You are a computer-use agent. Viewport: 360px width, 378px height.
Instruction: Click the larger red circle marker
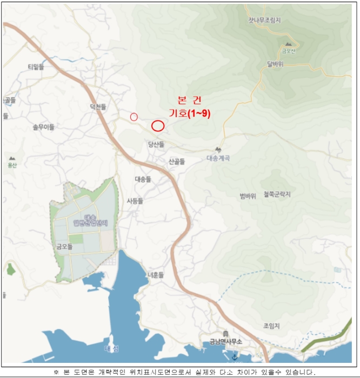pyautogui.click(x=158, y=126)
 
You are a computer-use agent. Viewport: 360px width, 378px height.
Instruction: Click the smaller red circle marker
pyautogui.click(x=134, y=117)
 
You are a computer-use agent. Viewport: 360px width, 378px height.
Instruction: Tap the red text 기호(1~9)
pyautogui.click(x=190, y=113)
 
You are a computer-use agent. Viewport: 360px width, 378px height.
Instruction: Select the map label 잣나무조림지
pyautogui.click(x=264, y=21)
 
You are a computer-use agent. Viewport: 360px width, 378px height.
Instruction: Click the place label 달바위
pyautogui.click(x=275, y=63)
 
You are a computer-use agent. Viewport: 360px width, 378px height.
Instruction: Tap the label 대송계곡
pyautogui.click(x=219, y=159)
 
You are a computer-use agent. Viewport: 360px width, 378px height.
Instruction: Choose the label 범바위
pyautogui.click(x=247, y=195)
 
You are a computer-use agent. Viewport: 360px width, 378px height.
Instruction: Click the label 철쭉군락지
pyautogui.click(x=277, y=194)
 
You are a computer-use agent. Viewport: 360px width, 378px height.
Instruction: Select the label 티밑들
pyautogui.click(x=36, y=66)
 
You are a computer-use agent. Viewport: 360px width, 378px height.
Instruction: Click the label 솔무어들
pyautogui.click(x=44, y=127)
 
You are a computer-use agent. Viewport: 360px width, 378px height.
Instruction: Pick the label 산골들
pyautogui.click(x=177, y=161)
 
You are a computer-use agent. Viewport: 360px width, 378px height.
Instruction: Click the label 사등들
pyautogui.click(x=135, y=200)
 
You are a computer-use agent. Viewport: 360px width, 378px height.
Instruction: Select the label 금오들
pyautogui.click(x=64, y=246)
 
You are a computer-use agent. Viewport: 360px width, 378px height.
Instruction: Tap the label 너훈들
pyautogui.click(x=155, y=274)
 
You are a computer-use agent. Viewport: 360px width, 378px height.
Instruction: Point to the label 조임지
pyautogui.click(x=271, y=326)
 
